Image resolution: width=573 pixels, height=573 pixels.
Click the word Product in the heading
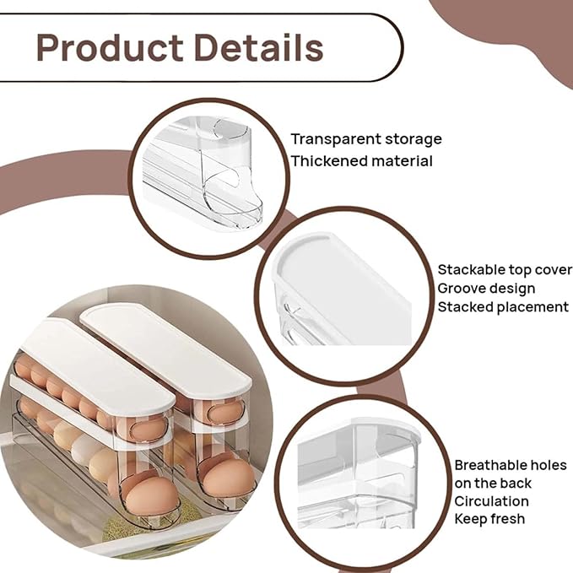point(110,48)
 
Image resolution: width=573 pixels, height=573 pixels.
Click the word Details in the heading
point(259,47)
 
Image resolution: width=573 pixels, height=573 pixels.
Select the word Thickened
point(325,161)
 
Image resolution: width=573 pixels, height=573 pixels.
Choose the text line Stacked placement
point(503,307)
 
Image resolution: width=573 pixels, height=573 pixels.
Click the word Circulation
point(491,501)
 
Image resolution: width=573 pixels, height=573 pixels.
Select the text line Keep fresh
point(489,519)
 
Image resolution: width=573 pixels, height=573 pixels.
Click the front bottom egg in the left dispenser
point(150,496)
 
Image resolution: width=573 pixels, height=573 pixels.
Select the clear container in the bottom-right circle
point(358,475)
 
